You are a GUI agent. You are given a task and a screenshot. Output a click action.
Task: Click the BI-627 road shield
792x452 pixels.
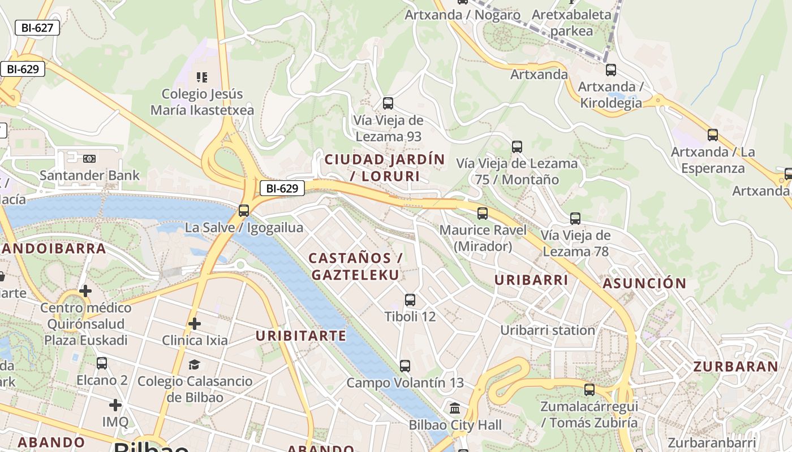pyautogui.click(x=37, y=27)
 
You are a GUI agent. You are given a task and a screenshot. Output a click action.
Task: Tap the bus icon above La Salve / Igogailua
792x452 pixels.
pyautogui.click(x=244, y=210)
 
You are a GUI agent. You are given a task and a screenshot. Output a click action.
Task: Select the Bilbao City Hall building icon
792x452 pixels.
pyautogui.click(x=455, y=408)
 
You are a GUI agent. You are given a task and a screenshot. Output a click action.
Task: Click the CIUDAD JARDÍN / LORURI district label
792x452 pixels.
pyautogui.click(x=385, y=168)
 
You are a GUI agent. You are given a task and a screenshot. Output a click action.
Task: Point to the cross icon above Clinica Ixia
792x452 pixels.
pyautogui.click(x=195, y=324)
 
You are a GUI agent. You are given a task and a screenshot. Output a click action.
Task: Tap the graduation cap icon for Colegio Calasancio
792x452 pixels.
pyautogui.click(x=195, y=364)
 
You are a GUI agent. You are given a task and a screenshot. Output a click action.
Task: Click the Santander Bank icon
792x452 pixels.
pyautogui.click(x=89, y=159)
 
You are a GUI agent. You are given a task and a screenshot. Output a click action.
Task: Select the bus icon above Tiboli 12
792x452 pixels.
pyautogui.click(x=410, y=299)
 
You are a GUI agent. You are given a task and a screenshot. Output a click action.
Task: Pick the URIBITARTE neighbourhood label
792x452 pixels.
pyautogui.click(x=301, y=336)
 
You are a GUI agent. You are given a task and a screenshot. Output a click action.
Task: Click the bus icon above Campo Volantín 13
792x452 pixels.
pyautogui.click(x=405, y=366)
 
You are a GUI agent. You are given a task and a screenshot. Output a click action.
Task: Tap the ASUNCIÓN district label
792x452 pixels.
pyautogui.click(x=644, y=283)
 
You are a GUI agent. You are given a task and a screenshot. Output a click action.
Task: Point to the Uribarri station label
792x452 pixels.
pyautogui.click(x=548, y=330)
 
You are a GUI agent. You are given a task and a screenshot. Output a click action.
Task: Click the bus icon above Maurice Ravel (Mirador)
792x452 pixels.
pyautogui.click(x=483, y=213)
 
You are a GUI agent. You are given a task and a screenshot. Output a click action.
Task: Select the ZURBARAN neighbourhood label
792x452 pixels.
pyautogui.click(x=736, y=366)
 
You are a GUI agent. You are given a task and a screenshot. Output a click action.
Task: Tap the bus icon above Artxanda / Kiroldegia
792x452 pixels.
pyautogui.click(x=611, y=70)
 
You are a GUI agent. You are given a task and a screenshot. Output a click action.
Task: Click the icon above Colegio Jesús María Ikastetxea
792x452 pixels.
pyautogui.click(x=202, y=77)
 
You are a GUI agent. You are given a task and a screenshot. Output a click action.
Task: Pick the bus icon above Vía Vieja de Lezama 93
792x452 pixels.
pyautogui.click(x=388, y=103)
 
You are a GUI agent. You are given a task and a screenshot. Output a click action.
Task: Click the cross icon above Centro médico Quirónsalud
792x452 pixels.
pyautogui.click(x=85, y=291)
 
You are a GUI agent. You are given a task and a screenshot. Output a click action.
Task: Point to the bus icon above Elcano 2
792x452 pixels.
pyautogui.click(x=102, y=363)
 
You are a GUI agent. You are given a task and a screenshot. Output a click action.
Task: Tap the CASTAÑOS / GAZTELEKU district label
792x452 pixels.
pyautogui.click(x=355, y=267)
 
